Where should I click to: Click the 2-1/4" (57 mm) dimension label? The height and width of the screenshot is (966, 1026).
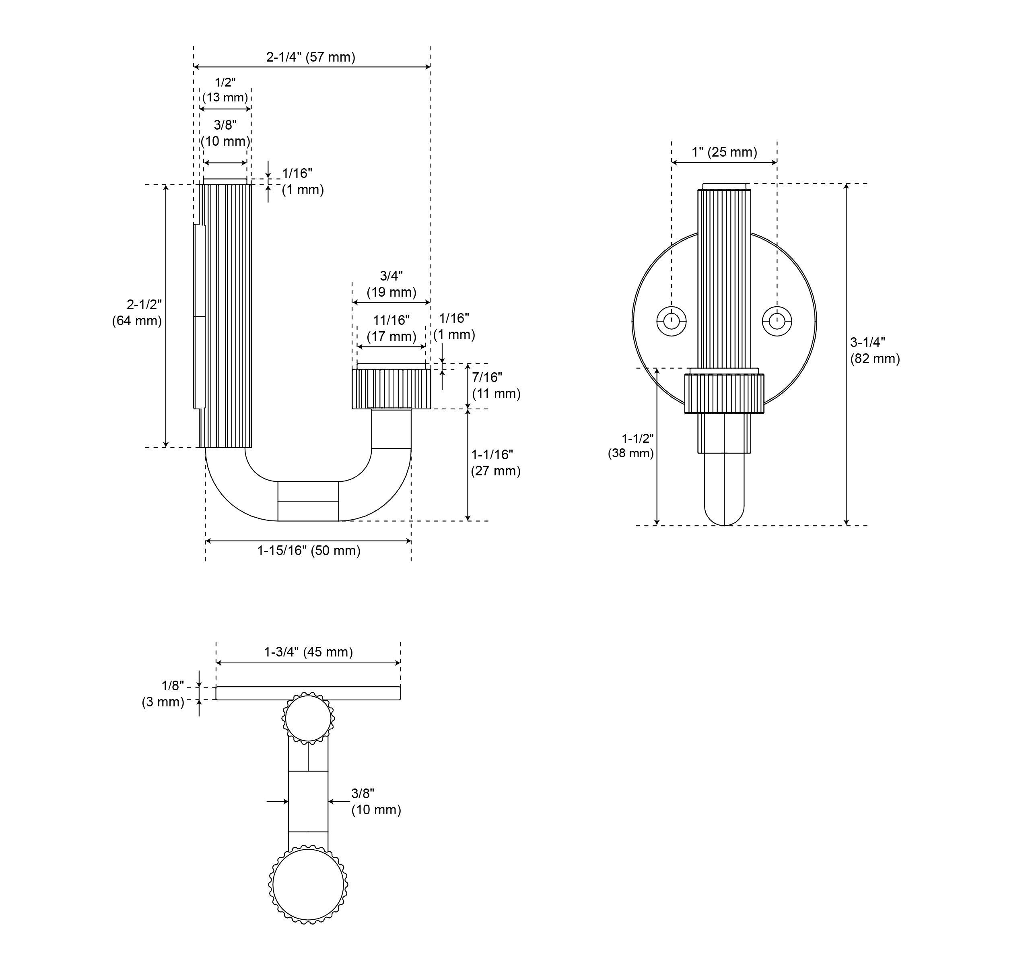[311, 57]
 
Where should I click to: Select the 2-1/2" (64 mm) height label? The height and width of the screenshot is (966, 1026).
[137, 312]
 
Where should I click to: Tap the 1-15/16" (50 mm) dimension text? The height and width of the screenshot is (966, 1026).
[309, 550]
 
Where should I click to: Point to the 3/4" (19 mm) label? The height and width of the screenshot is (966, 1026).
[391, 284]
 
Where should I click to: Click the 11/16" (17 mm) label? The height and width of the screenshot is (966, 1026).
[391, 328]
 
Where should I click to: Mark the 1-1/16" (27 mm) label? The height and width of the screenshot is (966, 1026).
[495, 462]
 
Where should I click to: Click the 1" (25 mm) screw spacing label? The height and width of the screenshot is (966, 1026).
[724, 152]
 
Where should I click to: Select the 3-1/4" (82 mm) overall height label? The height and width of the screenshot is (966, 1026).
[875, 350]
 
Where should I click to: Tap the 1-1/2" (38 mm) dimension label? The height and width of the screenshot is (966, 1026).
[630, 446]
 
